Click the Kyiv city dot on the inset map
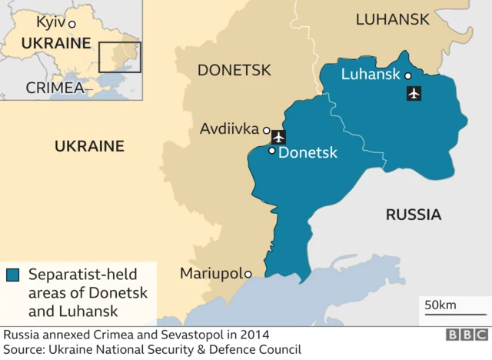coord(72,24)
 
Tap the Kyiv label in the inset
coord(51,22)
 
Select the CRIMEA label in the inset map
coord(55,88)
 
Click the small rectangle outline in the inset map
coord(119,58)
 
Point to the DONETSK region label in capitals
coord(234,71)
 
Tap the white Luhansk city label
coord(371,75)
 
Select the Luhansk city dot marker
coord(408,75)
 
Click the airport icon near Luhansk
coord(414,94)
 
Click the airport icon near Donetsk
coord(278,137)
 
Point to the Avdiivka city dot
coord(266,130)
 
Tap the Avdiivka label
coord(229,129)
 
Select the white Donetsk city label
coord(307,153)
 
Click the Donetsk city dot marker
coord(271,151)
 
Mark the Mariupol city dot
coord(248,274)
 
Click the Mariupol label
coord(211,274)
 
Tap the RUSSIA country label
coord(413,215)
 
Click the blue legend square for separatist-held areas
coord(12,275)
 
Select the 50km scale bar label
coord(440,305)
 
